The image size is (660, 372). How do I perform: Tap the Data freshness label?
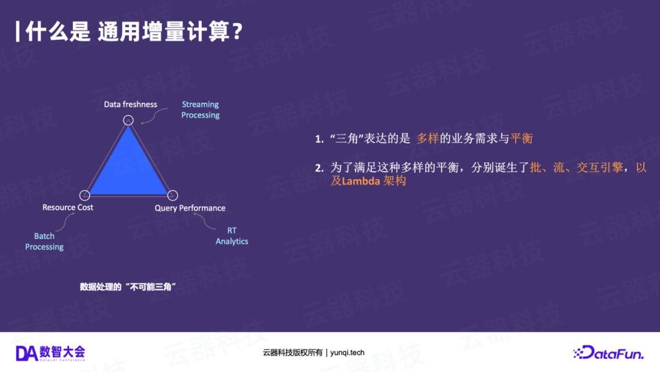point(130,105)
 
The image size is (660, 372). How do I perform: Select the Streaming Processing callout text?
point(200,110)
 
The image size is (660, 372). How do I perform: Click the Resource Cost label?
point(68,207)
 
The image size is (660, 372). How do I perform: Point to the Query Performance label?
point(190,208)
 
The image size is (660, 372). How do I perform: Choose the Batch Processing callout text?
point(45,241)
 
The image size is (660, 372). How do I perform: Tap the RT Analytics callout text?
point(232,236)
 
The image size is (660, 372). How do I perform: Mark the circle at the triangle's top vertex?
point(128,120)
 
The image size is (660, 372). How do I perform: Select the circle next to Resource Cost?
point(85,195)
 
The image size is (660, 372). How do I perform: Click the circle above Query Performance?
point(172,195)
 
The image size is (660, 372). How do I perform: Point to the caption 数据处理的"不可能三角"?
point(128,287)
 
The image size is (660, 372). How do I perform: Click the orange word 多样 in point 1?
point(428,139)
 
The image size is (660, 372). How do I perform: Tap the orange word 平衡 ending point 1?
point(522,139)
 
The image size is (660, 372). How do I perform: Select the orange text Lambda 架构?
point(374,181)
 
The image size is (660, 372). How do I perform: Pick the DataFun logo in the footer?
point(609,352)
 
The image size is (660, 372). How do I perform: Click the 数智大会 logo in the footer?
point(51,353)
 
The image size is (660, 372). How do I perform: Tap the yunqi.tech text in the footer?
point(348,352)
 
